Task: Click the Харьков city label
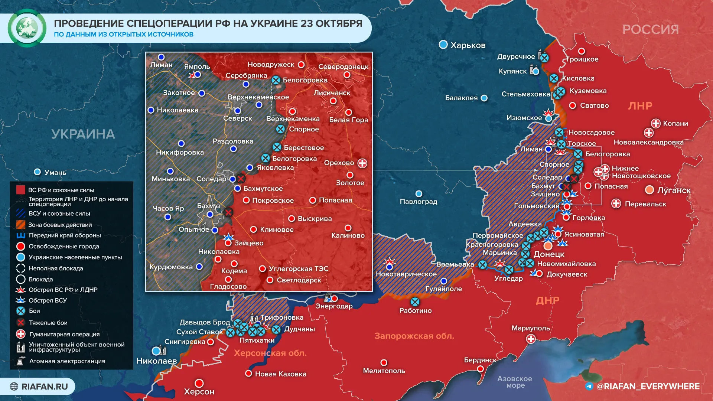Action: coord(468,45)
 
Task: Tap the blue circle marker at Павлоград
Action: coord(419,194)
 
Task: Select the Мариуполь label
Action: coord(530,328)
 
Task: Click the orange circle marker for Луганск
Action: coord(649,190)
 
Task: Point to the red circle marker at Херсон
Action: coord(199,383)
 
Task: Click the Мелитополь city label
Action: coord(384,371)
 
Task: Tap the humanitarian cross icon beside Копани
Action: coord(656,124)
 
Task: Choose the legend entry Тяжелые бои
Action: coord(48,323)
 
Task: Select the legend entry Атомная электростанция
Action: coord(67,361)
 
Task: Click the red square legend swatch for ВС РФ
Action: coord(21,190)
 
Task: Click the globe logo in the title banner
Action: coord(27,28)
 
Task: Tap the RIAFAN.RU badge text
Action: coord(45,387)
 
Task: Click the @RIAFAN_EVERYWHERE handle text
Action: coord(648,387)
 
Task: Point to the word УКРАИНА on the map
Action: coord(83,134)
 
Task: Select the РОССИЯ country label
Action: coord(650,29)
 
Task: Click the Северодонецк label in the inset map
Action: coord(343,67)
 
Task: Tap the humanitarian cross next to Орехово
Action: coord(362,163)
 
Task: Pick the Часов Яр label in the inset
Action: coord(168,208)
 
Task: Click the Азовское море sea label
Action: coord(515,382)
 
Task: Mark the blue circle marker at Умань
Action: coord(37,172)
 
